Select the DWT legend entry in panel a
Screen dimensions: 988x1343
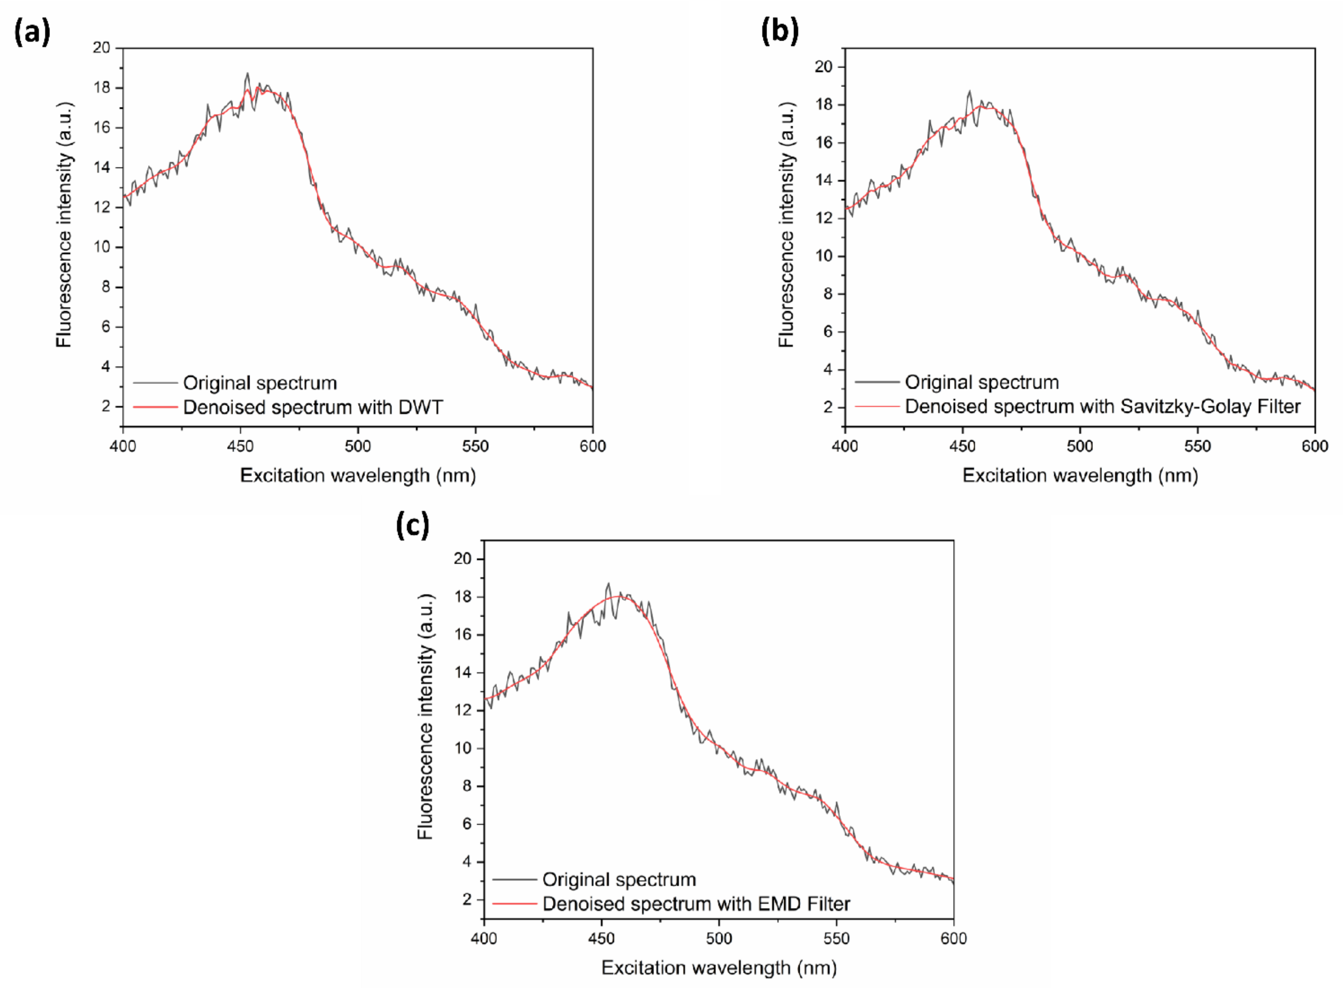point(312,407)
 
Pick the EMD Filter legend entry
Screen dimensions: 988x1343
point(696,904)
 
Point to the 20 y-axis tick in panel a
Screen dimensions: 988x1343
point(102,48)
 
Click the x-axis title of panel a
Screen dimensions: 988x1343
point(358,475)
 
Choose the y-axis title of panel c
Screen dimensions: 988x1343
point(425,717)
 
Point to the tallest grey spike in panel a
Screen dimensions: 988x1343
point(247,74)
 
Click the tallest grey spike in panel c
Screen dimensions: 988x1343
point(608,584)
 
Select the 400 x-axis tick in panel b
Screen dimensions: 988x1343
point(845,446)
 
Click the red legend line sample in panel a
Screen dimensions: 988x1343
point(155,407)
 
